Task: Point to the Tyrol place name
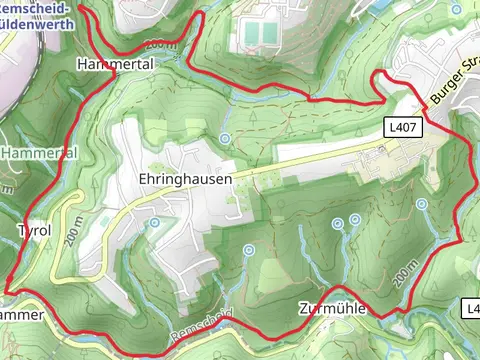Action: tap(34, 230)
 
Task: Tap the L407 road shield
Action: tap(406, 127)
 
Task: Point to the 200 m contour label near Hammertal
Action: tap(160, 45)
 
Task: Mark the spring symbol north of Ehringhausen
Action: tap(225, 137)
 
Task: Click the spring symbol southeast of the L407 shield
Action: tap(422, 204)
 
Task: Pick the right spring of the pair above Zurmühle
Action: tap(356, 218)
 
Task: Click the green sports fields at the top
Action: tap(261, 34)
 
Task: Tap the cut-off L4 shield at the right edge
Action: tap(472, 310)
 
